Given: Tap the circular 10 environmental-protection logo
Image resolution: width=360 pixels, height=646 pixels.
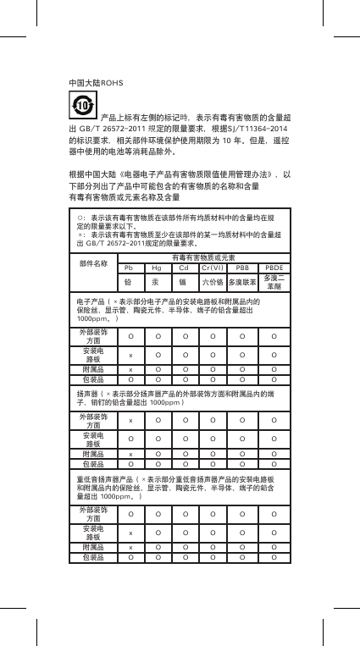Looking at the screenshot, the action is pyautogui.click(x=82, y=104).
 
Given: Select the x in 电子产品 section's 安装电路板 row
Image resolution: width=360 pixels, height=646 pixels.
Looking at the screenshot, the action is pyautogui.click(x=130, y=355).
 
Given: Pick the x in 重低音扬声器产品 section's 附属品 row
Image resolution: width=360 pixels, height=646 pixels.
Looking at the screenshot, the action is pyautogui.click(x=130, y=548).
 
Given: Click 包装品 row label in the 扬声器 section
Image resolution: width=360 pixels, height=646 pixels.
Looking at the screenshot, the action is pyautogui.click(x=93, y=464).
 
